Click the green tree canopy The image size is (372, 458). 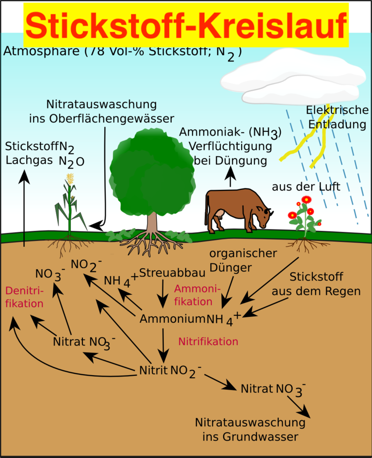(x=151, y=173)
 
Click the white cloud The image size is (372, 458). (x=293, y=82)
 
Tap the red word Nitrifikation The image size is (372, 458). (x=208, y=342)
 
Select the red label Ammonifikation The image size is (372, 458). (x=193, y=295)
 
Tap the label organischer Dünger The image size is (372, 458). (x=243, y=260)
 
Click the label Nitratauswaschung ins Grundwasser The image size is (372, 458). (x=249, y=430)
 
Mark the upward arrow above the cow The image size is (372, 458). (x=230, y=177)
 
